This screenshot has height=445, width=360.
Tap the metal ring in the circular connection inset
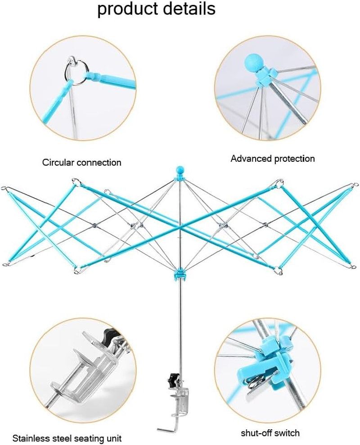click(74, 70)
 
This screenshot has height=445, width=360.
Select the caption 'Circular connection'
click(81, 163)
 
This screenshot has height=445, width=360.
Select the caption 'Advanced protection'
click(273, 159)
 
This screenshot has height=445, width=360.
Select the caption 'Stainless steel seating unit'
click(67, 438)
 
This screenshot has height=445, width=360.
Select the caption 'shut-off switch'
click(270, 433)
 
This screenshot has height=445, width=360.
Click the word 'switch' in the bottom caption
click(288, 433)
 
